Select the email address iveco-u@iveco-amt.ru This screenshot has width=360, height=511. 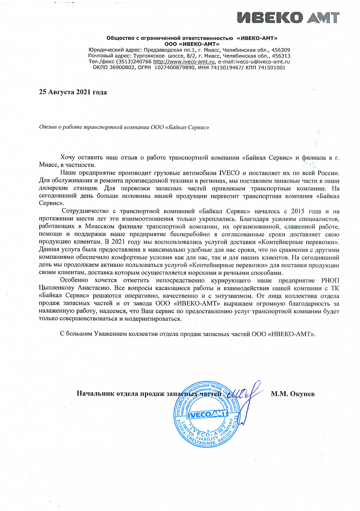[263, 62]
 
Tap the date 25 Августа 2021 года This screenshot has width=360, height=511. [73, 92]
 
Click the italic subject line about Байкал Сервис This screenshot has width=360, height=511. [123, 127]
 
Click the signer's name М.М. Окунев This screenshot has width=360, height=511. [293, 394]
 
